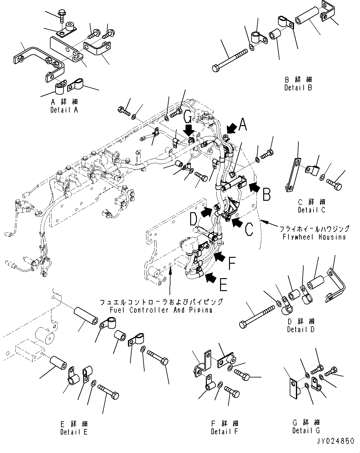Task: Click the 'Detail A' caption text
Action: pos(64,110)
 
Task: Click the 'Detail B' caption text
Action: pos(298,88)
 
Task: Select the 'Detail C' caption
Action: pos(312,210)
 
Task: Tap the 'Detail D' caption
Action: pos(301,329)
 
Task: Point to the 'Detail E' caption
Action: pos(74,432)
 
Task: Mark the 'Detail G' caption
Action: pos(306,430)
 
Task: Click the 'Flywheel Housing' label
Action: pos(314,237)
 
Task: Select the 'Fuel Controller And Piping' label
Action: pos(161,310)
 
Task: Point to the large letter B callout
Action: pos(266,195)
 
